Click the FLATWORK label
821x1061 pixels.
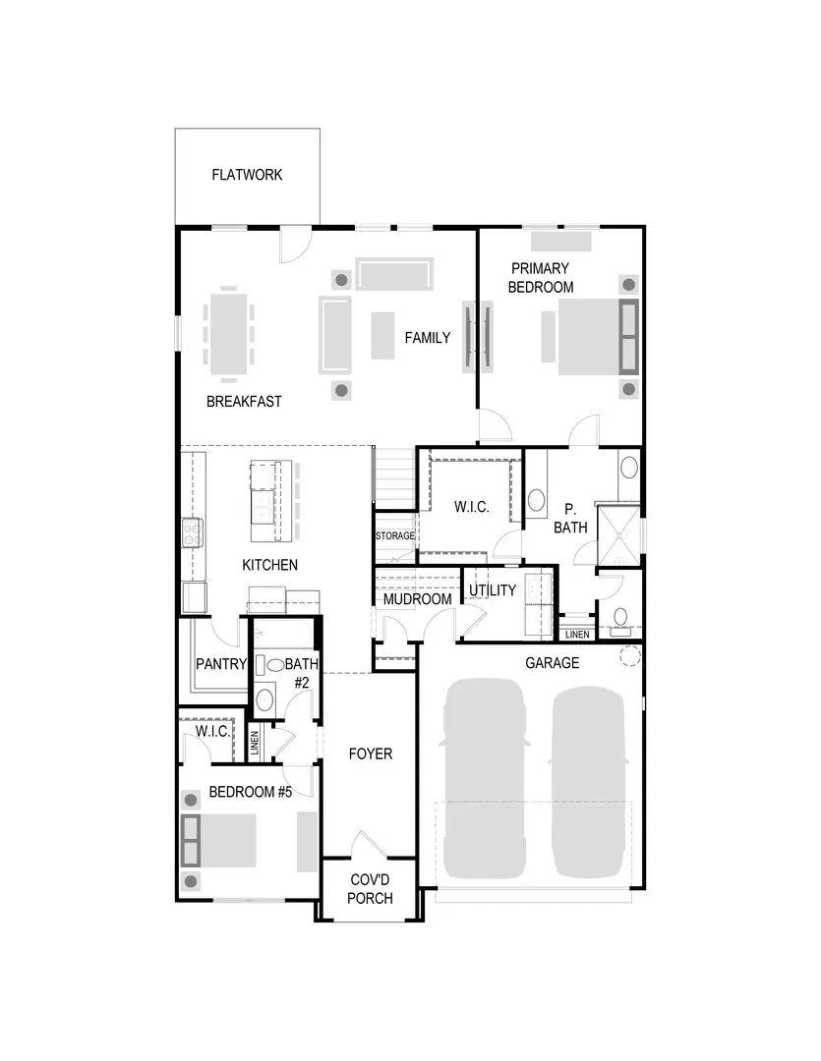(x=247, y=175)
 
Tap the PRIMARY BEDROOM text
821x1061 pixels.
(x=541, y=277)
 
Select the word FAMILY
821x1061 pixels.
(x=428, y=338)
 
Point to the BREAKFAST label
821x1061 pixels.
(x=244, y=402)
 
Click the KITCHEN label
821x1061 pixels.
(x=269, y=565)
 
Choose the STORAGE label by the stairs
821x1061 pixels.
(x=395, y=536)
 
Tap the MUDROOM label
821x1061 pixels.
(x=417, y=599)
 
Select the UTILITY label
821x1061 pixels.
(x=493, y=590)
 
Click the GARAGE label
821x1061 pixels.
(x=552, y=663)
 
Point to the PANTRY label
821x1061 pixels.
(x=221, y=664)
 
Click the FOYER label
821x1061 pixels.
(x=371, y=754)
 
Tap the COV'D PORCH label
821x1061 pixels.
(x=371, y=890)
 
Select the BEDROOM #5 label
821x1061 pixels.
(x=251, y=793)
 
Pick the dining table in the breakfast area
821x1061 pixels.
(x=228, y=332)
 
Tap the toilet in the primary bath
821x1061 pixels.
(x=619, y=616)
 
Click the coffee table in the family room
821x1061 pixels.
(x=382, y=334)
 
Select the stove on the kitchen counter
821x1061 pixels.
(x=192, y=532)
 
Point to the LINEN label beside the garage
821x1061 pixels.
(x=577, y=635)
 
